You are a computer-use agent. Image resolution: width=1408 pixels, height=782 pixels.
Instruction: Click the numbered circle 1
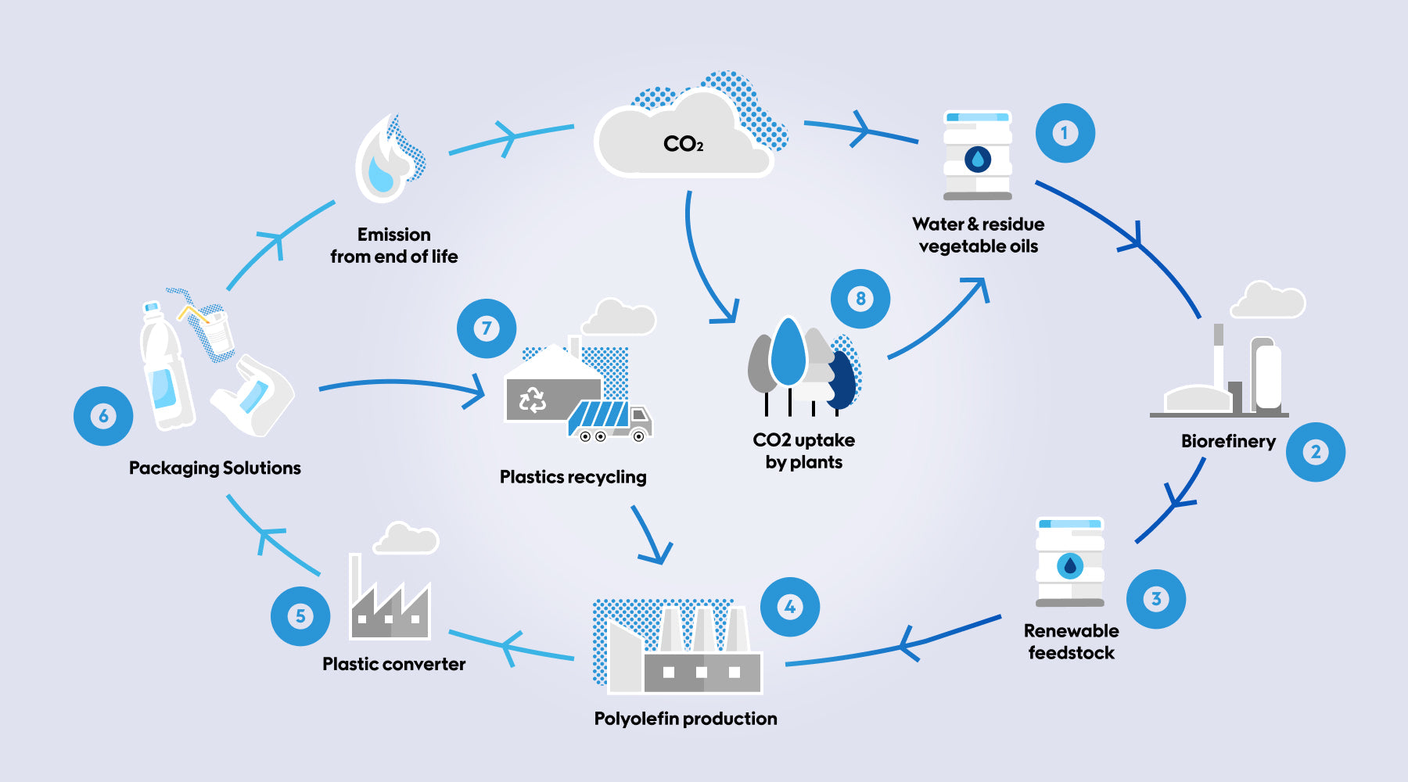pos(1065,133)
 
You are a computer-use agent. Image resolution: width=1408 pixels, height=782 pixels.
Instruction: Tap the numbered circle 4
pos(790,607)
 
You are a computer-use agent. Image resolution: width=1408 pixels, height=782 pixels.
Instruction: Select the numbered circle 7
pos(487,328)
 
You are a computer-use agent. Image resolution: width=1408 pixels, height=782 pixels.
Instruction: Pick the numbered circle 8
pos(860,299)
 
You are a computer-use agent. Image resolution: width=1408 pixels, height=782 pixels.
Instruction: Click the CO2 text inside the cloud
pos(683,144)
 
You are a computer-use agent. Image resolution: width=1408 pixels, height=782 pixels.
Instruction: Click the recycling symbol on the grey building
pos(533,400)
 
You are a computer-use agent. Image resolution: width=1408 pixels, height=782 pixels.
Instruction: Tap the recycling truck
pos(609,421)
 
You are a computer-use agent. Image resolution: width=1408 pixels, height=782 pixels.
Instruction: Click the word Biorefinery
pos(1228,441)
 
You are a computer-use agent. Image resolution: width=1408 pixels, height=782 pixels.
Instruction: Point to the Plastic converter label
pos(393,664)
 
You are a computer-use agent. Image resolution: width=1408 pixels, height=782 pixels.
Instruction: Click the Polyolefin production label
pos(685,719)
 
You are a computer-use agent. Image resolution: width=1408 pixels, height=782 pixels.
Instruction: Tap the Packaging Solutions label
pos(214,468)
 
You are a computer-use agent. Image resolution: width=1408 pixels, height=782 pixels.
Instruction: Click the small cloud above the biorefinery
pos(1267,300)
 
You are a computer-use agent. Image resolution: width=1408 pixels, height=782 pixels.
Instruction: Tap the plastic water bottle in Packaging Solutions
pos(165,368)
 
